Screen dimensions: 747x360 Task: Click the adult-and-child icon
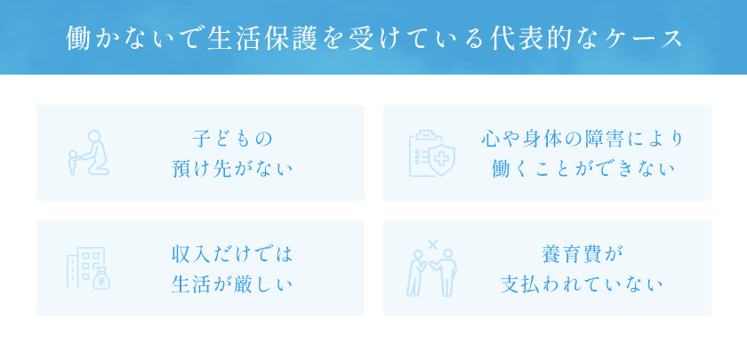89,153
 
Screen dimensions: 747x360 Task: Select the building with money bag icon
88,268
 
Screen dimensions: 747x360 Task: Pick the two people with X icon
431,268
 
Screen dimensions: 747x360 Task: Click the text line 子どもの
232,139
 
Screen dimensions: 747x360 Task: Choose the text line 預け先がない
232,169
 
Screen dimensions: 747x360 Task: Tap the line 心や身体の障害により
582,139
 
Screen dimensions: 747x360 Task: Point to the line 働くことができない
582,169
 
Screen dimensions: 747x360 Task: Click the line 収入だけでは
232,254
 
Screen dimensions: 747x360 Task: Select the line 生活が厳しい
232,284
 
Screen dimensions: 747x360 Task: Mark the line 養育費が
582,254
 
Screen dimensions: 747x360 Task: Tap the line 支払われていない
582,284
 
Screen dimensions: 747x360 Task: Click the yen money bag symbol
101,279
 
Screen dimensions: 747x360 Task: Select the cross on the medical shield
442,157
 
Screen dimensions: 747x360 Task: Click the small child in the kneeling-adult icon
74,163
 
